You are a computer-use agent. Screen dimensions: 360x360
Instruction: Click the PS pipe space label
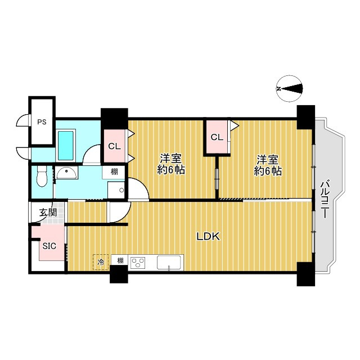(x=42, y=122)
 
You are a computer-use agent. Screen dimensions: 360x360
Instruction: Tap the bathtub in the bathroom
(x=66, y=146)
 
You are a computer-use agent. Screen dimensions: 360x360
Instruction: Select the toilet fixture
(x=42, y=176)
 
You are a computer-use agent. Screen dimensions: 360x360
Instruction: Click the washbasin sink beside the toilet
(x=66, y=173)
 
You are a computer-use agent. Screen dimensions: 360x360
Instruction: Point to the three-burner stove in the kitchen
(x=138, y=263)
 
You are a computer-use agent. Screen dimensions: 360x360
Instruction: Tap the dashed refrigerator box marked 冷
(x=101, y=262)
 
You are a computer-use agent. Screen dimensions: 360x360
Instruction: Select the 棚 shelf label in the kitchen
(x=120, y=260)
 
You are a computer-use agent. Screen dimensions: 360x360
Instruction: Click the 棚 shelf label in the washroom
(x=114, y=172)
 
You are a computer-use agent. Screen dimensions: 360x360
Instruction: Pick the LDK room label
(x=208, y=237)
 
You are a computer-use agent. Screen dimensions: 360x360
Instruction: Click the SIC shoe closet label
(x=49, y=246)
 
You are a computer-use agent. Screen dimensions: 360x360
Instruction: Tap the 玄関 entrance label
(x=48, y=213)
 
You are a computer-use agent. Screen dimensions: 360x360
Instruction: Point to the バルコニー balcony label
(x=325, y=199)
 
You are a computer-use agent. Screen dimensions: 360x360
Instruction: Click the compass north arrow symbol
(x=289, y=89)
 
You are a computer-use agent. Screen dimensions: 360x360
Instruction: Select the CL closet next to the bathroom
(x=115, y=146)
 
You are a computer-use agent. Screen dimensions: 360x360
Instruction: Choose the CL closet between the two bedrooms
(x=217, y=137)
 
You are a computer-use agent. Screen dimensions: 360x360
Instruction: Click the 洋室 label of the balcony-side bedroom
(x=268, y=160)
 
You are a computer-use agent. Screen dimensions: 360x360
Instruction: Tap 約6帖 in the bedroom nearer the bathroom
(x=171, y=170)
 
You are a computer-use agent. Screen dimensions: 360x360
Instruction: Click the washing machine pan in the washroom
(x=116, y=190)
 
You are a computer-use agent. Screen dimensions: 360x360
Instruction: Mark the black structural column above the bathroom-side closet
(x=114, y=119)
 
